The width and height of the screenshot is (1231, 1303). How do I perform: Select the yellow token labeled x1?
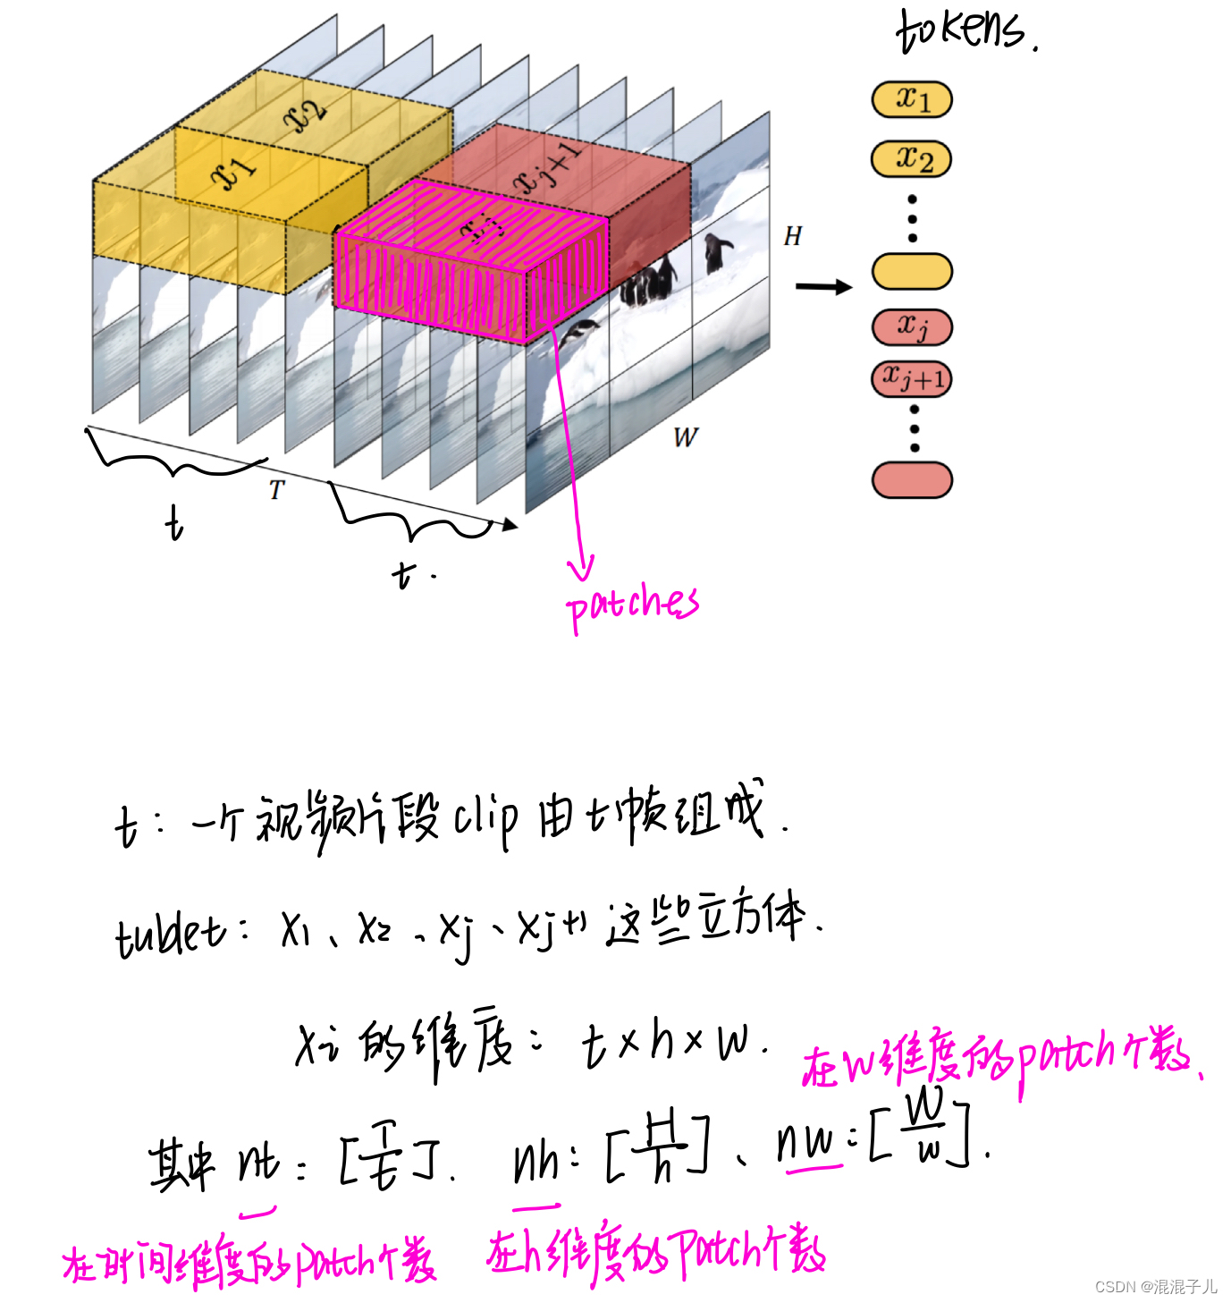pos(912,99)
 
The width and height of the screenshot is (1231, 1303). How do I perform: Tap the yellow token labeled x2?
pos(912,159)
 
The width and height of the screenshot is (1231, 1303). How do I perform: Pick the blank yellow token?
pos(912,271)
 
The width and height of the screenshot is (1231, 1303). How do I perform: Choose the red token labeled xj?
pos(912,326)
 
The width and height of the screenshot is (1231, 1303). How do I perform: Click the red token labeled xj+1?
pos(912,379)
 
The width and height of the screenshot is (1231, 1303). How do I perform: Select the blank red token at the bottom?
pos(912,479)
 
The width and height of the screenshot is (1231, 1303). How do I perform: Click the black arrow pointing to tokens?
pos(823,287)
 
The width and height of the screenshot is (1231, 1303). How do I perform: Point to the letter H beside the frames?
pos(792,236)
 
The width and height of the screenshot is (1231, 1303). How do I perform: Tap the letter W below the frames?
pos(685,437)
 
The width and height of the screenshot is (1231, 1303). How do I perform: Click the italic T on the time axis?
pos(277,490)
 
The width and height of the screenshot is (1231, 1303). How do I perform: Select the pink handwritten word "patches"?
pos(631,605)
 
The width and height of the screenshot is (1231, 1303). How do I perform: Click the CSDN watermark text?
pos(1155,1286)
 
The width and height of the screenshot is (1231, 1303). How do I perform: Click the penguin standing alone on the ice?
pos(716,251)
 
